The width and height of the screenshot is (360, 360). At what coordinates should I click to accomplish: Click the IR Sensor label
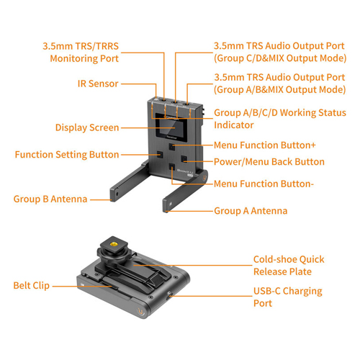[98, 84]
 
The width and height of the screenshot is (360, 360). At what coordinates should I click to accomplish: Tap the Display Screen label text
[87, 127]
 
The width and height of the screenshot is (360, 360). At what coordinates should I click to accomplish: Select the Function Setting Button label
[67, 155]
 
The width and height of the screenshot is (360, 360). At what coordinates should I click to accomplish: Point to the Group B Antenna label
[50, 199]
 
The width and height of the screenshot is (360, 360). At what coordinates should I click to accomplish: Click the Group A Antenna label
[251, 211]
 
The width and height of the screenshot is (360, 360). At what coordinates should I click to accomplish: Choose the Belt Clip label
[32, 285]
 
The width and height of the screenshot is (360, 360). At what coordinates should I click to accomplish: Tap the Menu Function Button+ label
[265, 145]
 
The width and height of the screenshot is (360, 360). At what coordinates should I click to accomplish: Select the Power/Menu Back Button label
[269, 162]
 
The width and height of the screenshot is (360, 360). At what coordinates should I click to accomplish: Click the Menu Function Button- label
[264, 184]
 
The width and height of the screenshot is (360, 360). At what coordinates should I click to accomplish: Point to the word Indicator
[234, 125]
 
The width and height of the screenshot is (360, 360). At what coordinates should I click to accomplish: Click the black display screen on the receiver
[171, 127]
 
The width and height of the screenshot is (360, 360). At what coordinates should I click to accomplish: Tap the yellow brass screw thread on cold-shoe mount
[113, 244]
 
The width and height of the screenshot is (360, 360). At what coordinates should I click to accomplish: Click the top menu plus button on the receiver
[172, 146]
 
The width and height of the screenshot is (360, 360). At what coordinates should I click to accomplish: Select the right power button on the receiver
[184, 159]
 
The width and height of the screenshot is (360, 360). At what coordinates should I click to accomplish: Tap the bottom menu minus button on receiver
[172, 166]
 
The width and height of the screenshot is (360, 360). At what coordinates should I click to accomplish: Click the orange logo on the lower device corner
[140, 312]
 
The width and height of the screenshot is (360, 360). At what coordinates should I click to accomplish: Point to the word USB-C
[267, 291]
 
